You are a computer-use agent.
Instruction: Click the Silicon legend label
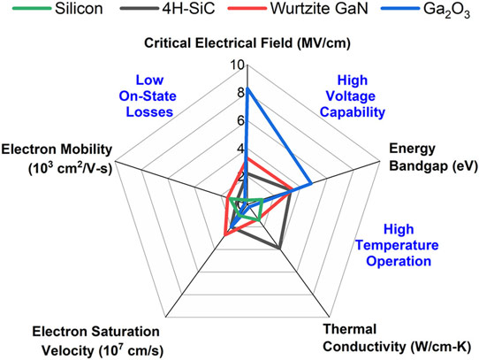79,9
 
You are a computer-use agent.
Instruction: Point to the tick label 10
237,65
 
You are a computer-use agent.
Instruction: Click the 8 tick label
240,93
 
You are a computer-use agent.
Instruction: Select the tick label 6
240,121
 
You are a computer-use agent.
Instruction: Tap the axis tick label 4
240,149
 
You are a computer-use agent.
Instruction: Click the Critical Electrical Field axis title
247,43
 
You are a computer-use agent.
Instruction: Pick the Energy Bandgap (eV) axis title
433,157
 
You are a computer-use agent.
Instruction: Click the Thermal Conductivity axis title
397,338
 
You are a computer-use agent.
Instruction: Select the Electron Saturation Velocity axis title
97,341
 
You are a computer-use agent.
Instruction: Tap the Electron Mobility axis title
57,158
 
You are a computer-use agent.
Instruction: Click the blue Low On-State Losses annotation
148,96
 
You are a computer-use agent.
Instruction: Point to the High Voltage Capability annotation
353,96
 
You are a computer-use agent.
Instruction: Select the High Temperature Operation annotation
397,245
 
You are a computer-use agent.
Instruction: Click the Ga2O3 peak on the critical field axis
247,88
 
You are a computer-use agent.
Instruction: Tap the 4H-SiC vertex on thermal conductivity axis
279,248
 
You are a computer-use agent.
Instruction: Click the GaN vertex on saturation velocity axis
224,235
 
